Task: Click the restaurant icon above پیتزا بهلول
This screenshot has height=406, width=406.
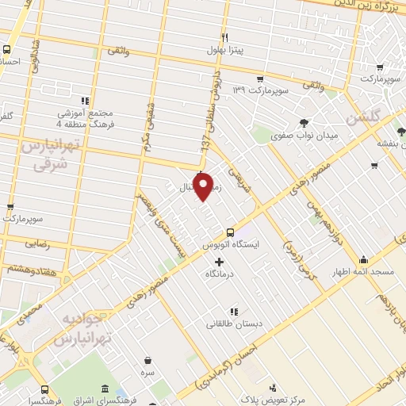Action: [225, 37]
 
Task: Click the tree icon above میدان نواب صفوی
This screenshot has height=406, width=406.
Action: [304, 122]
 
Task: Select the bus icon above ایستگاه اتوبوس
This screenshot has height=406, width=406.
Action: [230, 232]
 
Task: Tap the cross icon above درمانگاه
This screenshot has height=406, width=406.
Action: [219, 261]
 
